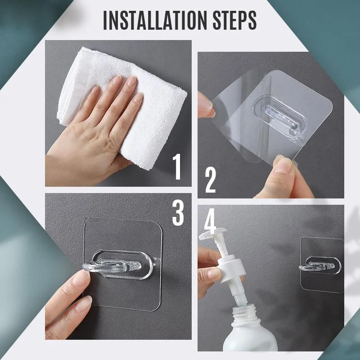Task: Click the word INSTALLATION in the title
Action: coord(155,20)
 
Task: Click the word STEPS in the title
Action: coord(234,20)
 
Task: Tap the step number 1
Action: coord(177,166)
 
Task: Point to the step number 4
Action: coord(210,221)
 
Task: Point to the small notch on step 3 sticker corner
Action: coord(85,221)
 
